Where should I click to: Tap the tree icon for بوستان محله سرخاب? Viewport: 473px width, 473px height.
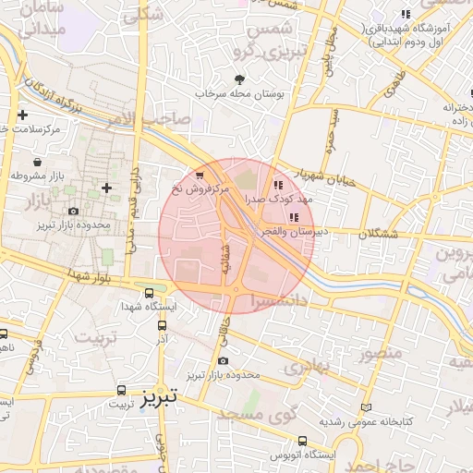point(241,79)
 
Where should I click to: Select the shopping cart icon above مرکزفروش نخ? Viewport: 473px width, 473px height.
point(200,174)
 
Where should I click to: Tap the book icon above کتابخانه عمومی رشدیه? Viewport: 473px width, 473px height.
point(367,407)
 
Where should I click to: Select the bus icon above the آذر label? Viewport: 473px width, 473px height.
point(163,325)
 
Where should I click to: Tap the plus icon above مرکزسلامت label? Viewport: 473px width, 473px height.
point(23,116)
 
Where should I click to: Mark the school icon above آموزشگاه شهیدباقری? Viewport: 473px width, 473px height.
point(405,13)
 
